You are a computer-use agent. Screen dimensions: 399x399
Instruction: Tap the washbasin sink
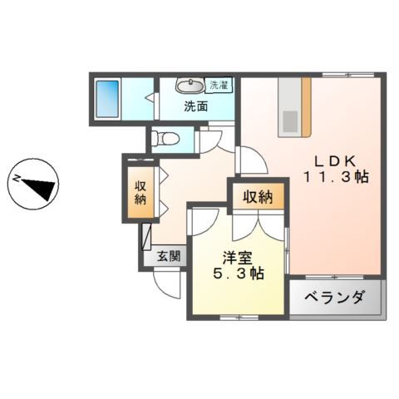pyautogui.click(x=190, y=86)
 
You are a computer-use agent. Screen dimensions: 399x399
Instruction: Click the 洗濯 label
pyautogui.click(x=219, y=86)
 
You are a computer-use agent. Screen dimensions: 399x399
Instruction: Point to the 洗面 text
pyautogui.click(x=196, y=106)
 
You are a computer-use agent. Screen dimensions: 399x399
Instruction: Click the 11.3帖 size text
pyautogui.click(x=336, y=177)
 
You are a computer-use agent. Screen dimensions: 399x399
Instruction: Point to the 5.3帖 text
pyautogui.click(x=238, y=273)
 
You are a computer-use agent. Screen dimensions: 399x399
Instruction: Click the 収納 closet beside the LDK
pyautogui.click(x=258, y=197)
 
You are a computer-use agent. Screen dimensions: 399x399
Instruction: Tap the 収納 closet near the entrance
pyautogui.click(x=140, y=191)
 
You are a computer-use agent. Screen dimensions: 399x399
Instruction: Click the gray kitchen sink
pyautogui.click(x=288, y=121)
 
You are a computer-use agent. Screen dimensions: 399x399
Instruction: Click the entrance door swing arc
pyautogui.click(x=170, y=285)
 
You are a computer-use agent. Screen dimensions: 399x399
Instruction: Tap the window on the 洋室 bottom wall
pyautogui.click(x=238, y=318)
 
